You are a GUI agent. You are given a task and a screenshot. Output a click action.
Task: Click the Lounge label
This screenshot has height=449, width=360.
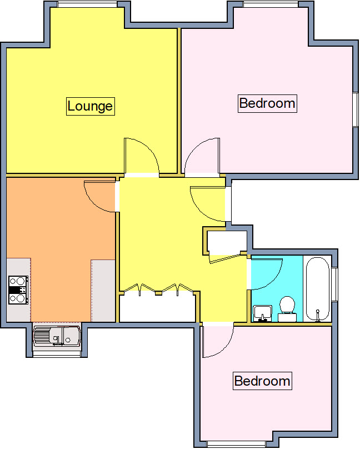coord(90,106)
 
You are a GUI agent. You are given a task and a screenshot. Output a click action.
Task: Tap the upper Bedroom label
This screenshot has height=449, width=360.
coord(267,103)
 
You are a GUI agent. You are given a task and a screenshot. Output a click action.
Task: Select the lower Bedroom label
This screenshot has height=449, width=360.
coord(262,381)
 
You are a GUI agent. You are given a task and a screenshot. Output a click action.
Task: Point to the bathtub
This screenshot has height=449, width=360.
coord(317,288)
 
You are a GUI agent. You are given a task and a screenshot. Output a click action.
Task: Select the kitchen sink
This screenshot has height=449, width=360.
coord(57,335)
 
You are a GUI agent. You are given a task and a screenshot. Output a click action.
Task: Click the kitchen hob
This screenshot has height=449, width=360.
coord(18,290)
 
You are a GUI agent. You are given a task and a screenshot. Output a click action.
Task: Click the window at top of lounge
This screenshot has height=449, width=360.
coord(87,4)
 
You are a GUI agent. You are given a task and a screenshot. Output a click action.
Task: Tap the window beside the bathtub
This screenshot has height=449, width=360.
coord(334,285)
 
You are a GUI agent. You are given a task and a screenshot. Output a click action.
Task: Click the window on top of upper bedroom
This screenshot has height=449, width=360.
coord(271,4)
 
